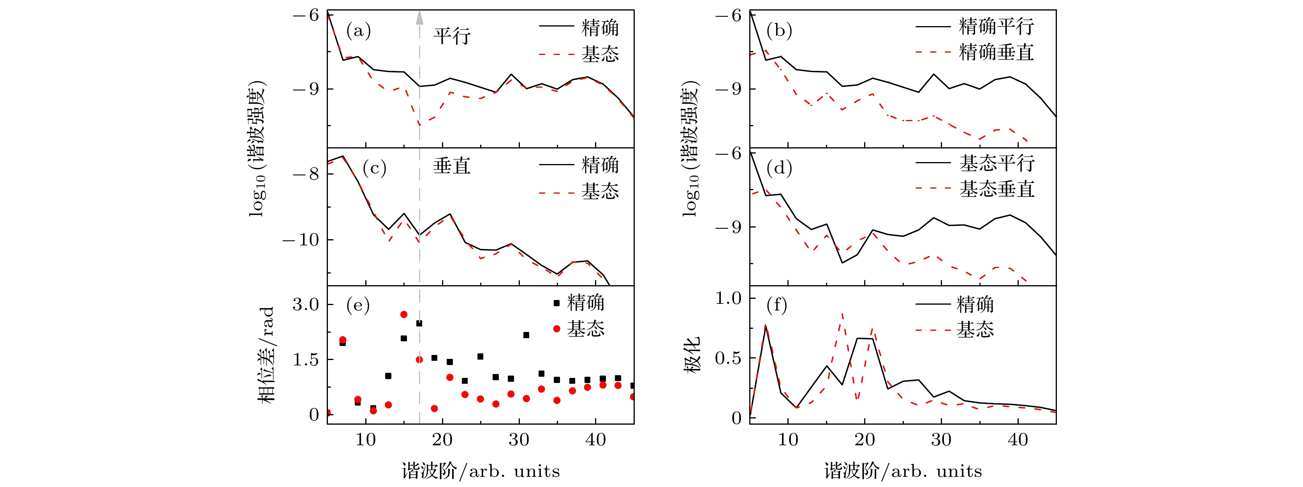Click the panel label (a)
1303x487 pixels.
358,31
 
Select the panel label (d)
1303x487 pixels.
779,168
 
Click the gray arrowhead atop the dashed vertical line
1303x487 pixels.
419,18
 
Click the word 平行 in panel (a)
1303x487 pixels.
452,36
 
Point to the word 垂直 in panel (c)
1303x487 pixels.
452,166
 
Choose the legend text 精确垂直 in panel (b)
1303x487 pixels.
996,52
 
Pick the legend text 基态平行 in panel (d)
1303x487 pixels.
997,163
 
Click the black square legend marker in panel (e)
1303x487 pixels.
556,303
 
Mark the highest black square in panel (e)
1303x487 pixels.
419,323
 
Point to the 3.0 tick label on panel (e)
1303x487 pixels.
306,304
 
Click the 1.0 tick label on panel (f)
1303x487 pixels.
728,298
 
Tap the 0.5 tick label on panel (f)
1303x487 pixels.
728,358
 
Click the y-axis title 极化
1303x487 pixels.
692,355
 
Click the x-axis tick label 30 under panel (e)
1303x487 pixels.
519,439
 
